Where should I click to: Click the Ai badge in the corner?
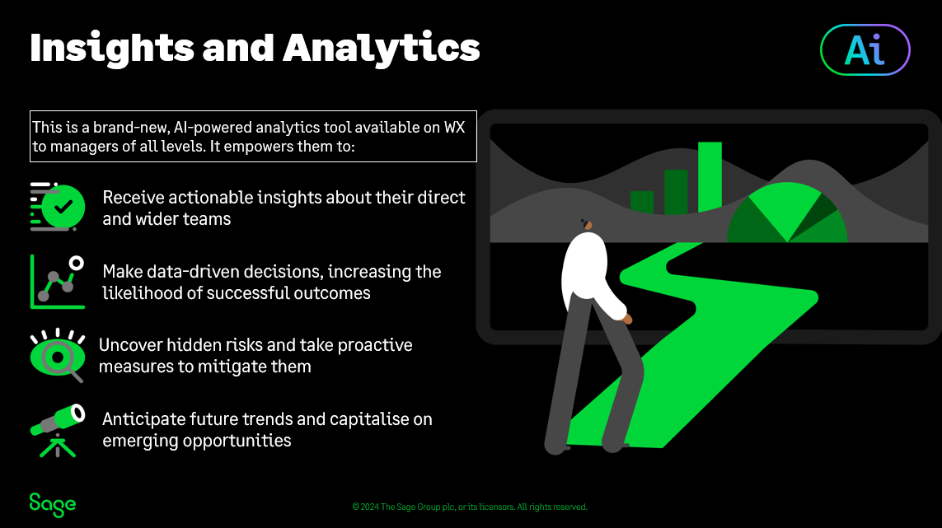point(865,50)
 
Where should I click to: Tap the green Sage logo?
point(53,505)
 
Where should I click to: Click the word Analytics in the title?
point(382,48)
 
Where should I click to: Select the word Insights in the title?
point(112,48)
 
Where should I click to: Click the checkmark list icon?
point(58,207)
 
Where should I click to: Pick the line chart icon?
point(58,282)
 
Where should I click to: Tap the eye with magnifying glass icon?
point(58,356)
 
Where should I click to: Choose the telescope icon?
point(58,431)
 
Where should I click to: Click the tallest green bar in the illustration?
point(710,177)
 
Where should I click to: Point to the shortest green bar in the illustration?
point(642,203)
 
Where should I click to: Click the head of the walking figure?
point(587,225)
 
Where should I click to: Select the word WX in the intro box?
point(454,128)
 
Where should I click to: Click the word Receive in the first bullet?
point(134,197)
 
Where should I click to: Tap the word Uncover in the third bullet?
point(130,345)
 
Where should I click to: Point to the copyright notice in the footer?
point(470,507)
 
